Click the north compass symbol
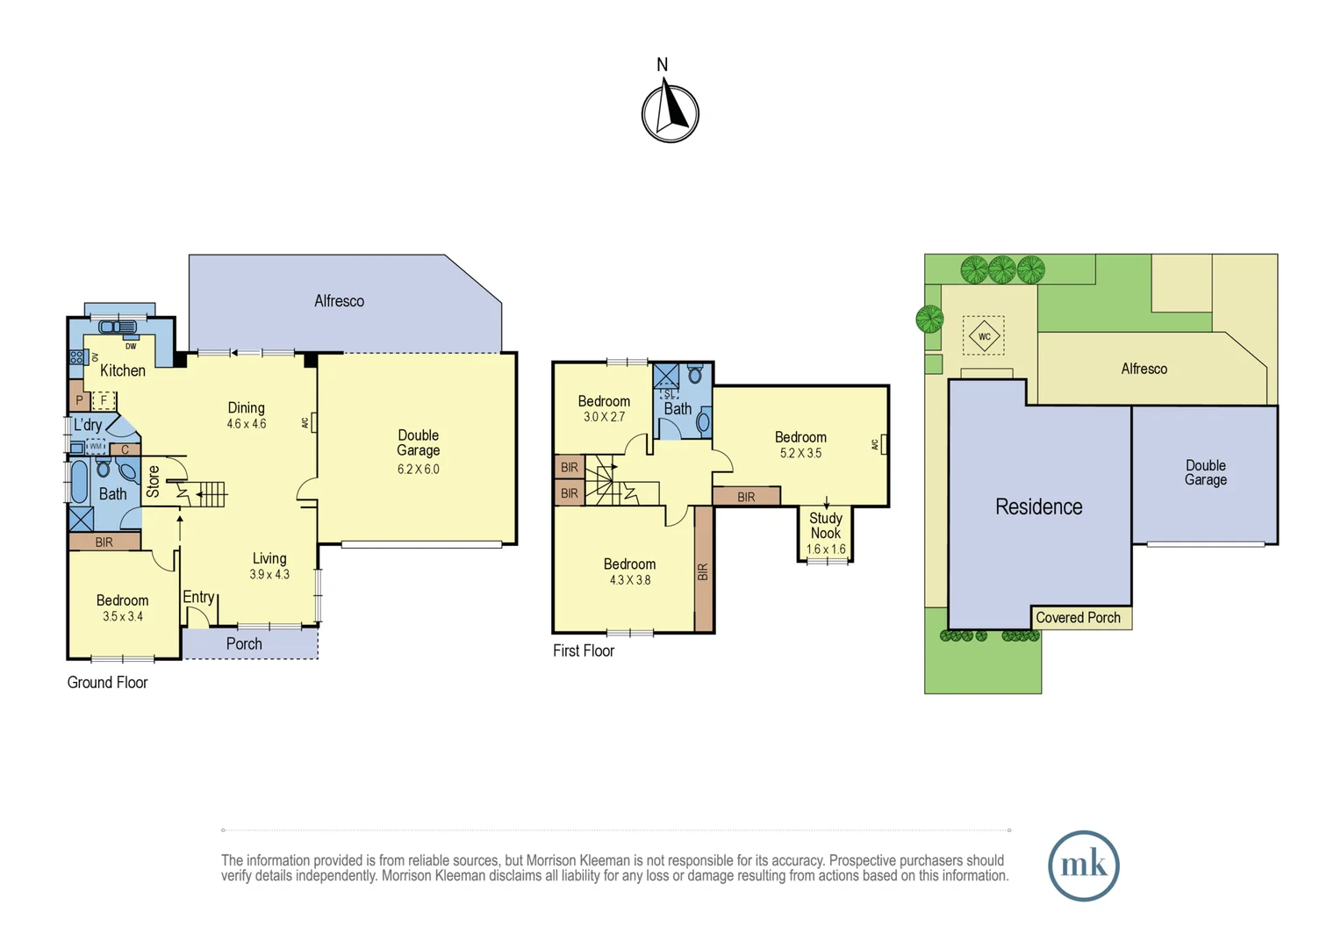pyautogui.click(x=670, y=112)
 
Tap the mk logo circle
pyautogui.click(x=1083, y=865)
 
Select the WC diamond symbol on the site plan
pyautogui.click(x=984, y=336)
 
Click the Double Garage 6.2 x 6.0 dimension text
pyautogui.click(x=418, y=470)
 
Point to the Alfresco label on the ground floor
pyautogui.click(x=339, y=301)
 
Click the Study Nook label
pyautogui.click(x=825, y=526)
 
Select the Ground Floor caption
pyautogui.click(x=107, y=682)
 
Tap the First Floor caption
pyautogui.click(x=584, y=650)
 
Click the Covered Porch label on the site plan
pyautogui.click(x=1078, y=618)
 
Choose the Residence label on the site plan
pyautogui.click(x=1038, y=506)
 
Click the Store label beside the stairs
pyautogui.click(x=154, y=482)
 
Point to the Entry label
pyautogui.click(x=198, y=597)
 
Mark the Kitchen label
pyautogui.click(x=123, y=370)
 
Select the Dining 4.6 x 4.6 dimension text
pyautogui.click(x=246, y=424)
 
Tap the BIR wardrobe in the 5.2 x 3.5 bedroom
pyautogui.click(x=746, y=497)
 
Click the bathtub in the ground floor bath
pyautogui.click(x=80, y=481)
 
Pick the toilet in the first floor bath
pyautogui.click(x=695, y=375)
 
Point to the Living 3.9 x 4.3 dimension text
pyautogui.click(x=269, y=575)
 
